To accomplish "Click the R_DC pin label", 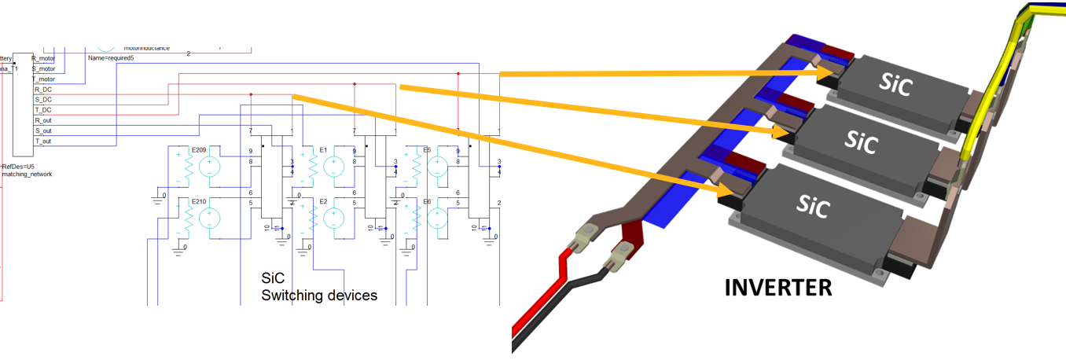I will tap(42, 90).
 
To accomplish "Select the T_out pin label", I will tap(42, 141).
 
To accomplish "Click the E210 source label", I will tap(200, 202).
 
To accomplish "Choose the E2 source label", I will tap(323, 202).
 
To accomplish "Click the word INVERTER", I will tap(778, 288).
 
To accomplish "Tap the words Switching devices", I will tap(319, 296).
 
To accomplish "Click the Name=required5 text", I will tap(111, 58).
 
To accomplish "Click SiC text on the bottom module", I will tap(812, 204).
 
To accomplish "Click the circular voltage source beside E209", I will tap(210, 167).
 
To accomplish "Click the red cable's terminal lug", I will tap(586, 233).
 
